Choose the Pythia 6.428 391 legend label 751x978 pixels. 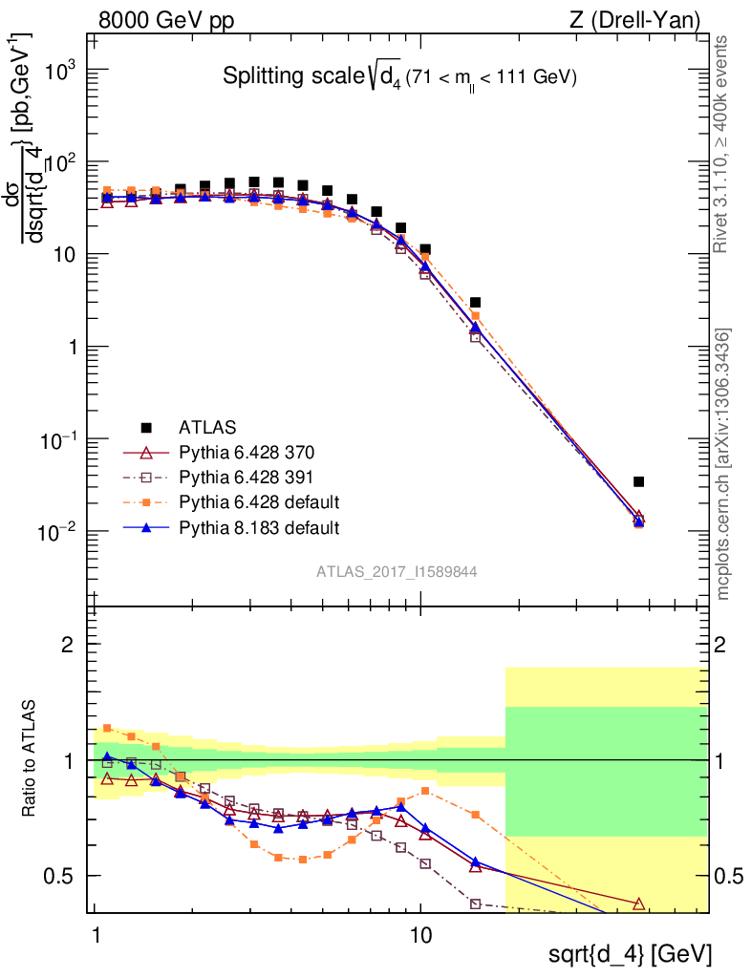coord(247,477)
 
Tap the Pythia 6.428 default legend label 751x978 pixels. coord(259,501)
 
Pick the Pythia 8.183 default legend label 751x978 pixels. coord(259,526)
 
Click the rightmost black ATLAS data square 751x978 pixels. coord(638,481)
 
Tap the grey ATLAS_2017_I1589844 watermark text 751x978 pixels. coord(397,572)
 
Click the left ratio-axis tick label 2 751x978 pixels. coord(68,645)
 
